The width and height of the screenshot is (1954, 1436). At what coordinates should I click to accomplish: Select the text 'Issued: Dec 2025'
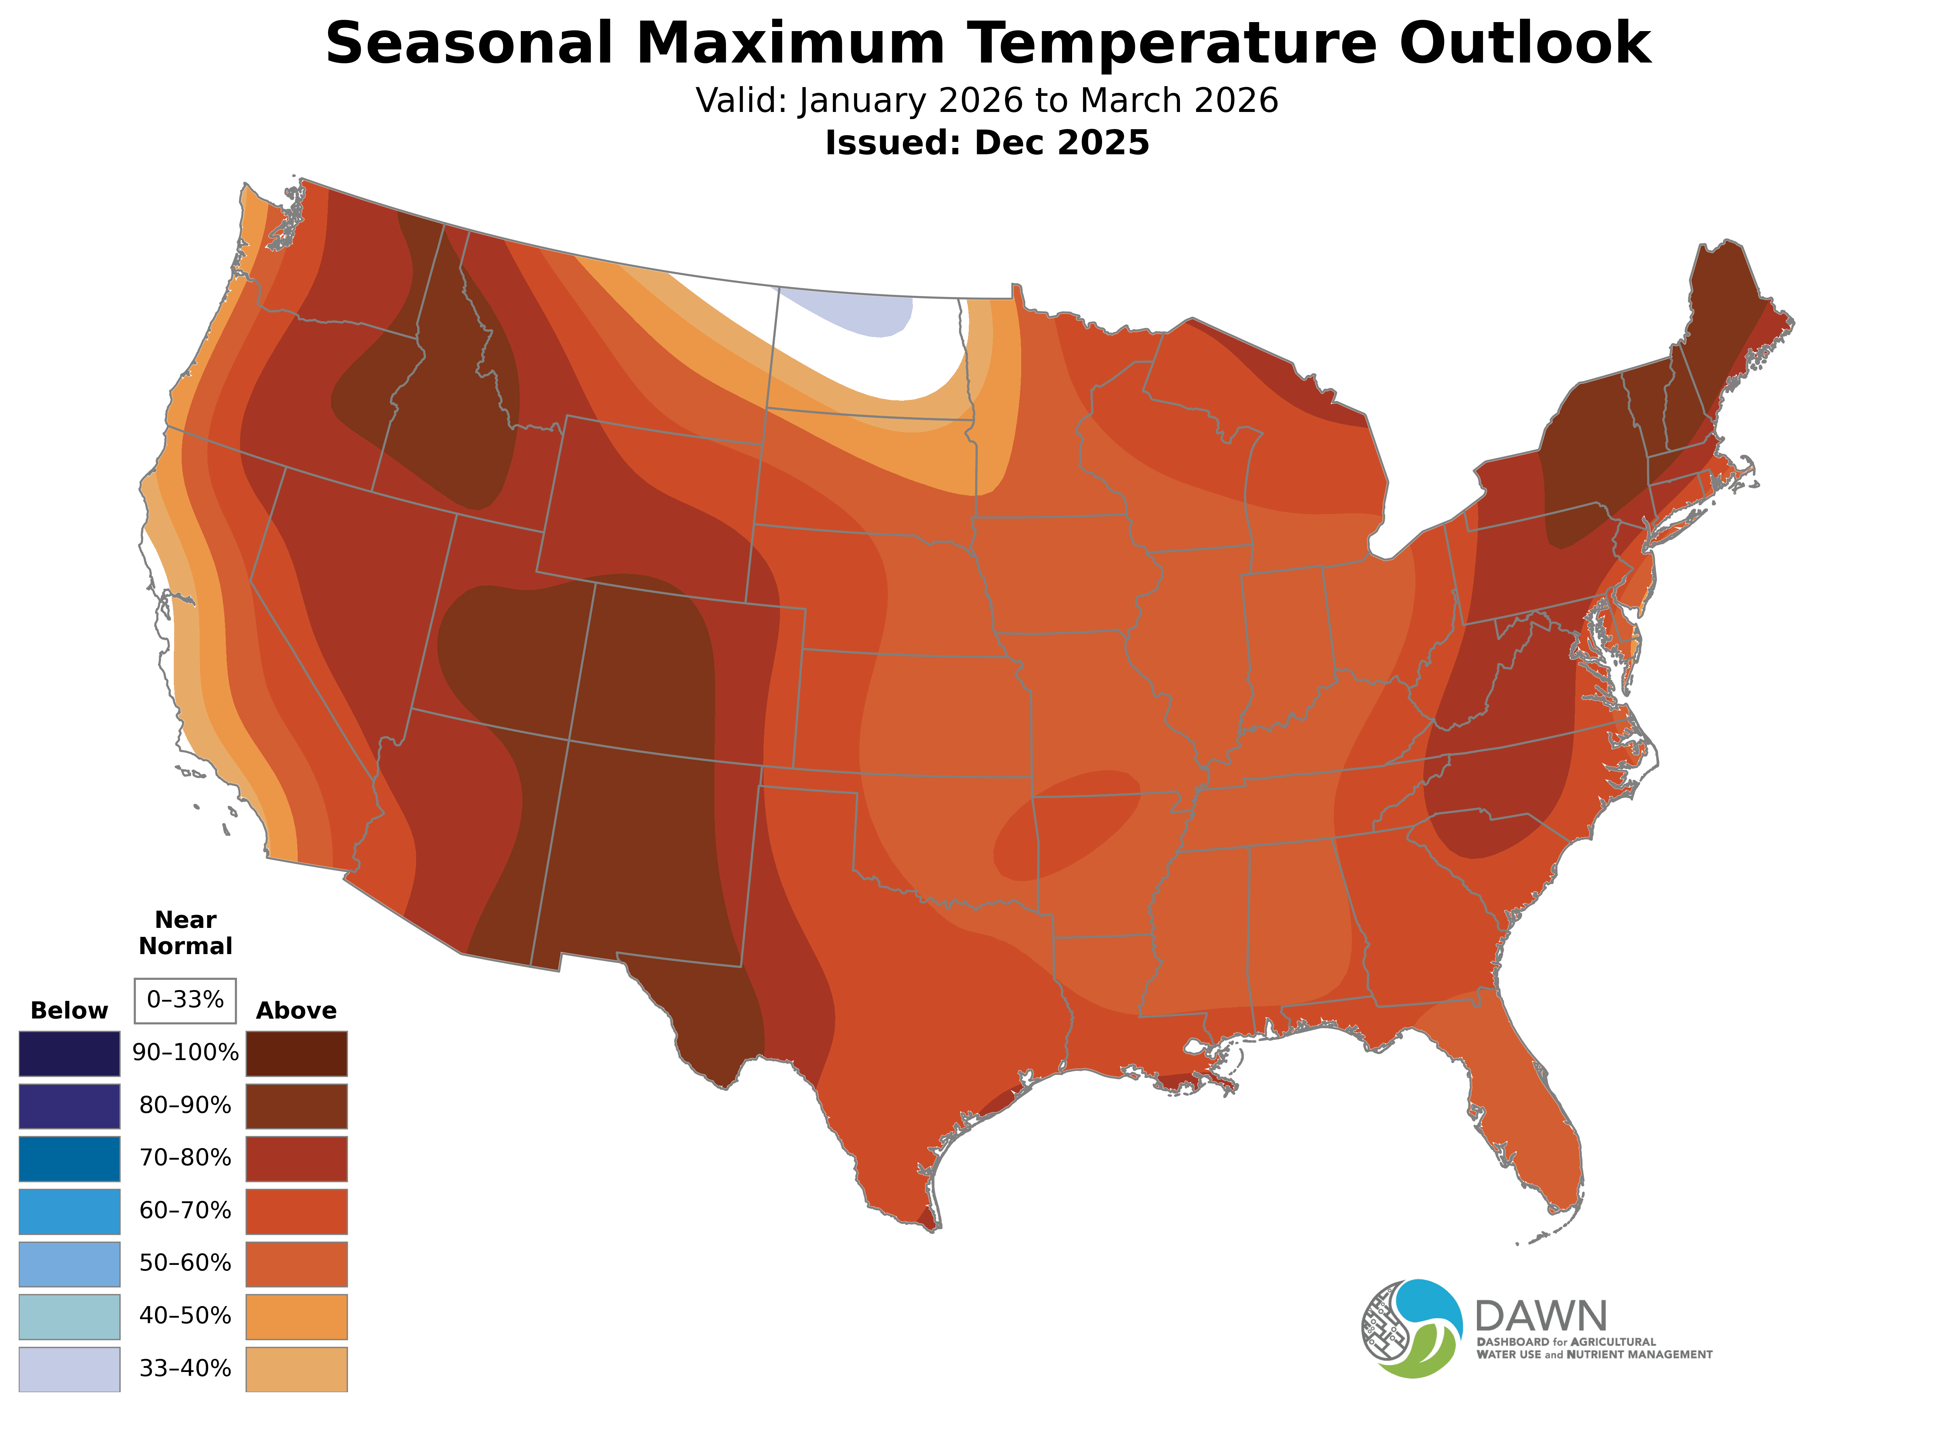click(x=987, y=143)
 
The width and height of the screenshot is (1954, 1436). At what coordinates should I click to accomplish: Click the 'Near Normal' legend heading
click(x=185, y=933)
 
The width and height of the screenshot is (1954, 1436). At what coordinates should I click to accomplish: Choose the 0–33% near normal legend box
click(x=185, y=1000)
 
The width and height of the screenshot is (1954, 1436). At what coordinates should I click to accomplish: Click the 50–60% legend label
click(x=185, y=1263)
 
